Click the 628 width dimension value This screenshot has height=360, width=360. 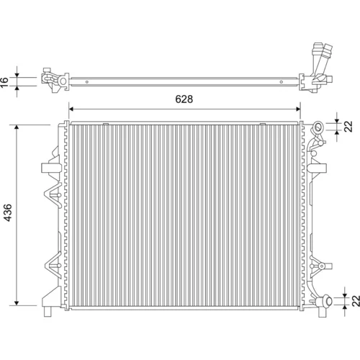pyautogui.click(x=184, y=99)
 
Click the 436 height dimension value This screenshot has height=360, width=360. pyautogui.click(x=8, y=212)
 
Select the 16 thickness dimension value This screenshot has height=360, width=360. pyautogui.click(x=4, y=82)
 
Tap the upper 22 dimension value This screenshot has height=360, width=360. pyautogui.click(x=348, y=126)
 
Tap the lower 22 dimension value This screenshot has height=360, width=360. pyautogui.click(x=356, y=301)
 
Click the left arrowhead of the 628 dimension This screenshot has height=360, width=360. pyautogui.click(x=71, y=109)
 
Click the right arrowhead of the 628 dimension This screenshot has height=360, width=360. pyautogui.click(x=298, y=109)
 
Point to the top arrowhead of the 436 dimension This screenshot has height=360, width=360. pyautogui.click(x=17, y=127)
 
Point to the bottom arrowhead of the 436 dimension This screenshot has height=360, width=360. pyautogui.click(x=17, y=303)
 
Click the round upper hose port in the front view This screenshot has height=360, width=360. pyautogui.click(x=318, y=127)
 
